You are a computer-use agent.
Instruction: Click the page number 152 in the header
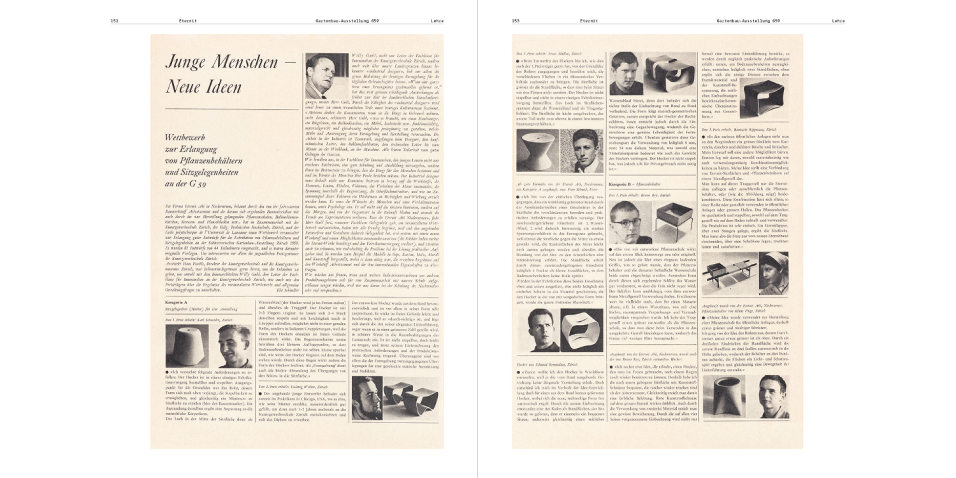115,21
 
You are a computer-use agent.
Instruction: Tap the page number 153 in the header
516,21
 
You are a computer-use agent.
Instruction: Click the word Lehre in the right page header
838,21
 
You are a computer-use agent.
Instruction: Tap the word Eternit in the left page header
188,21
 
